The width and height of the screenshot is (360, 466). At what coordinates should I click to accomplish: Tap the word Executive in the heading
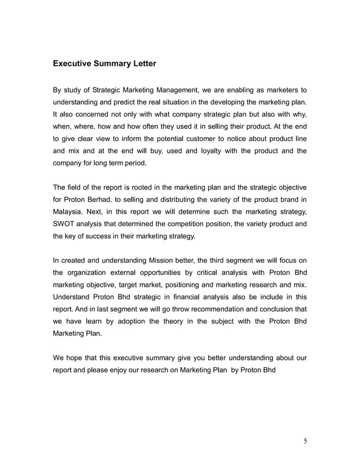click(74, 64)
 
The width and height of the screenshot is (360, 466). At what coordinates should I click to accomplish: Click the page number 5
click(305, 441)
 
